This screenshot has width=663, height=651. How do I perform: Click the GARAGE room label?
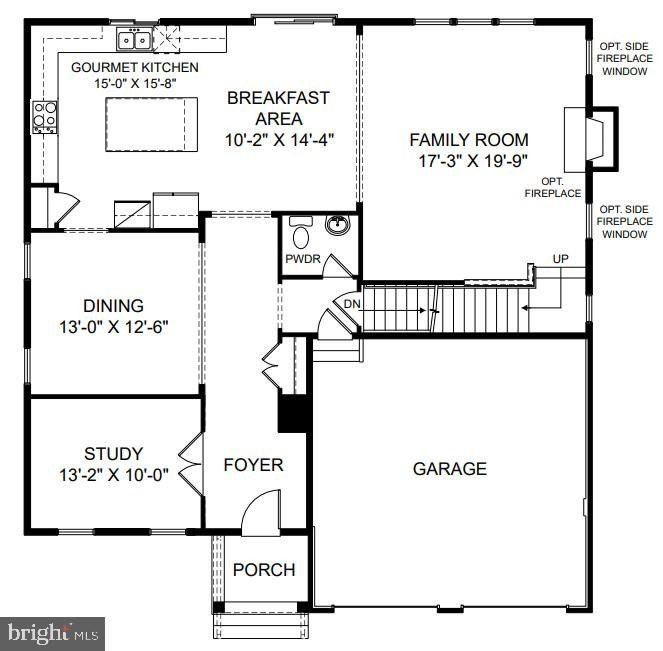[x=449, y=468]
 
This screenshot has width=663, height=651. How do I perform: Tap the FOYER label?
[x=253, y=465]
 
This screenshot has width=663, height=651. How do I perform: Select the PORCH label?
[x=264, y=570]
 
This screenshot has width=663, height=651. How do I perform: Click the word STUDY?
[x=114, y=454]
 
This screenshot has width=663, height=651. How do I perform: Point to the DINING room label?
[x=114, y=306]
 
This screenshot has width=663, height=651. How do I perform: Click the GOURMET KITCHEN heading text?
[x=134, y=67]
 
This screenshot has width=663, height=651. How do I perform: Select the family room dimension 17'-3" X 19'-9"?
[x=469, y=160]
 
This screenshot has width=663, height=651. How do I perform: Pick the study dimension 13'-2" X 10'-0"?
[x=114, y=474]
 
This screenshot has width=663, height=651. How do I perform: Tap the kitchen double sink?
[x=134, y=40]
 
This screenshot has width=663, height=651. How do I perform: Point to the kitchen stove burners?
[x=44, y=116]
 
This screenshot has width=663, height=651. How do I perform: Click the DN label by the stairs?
[x=352, y=303]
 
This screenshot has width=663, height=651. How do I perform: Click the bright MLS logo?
[x=54, y=632]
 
